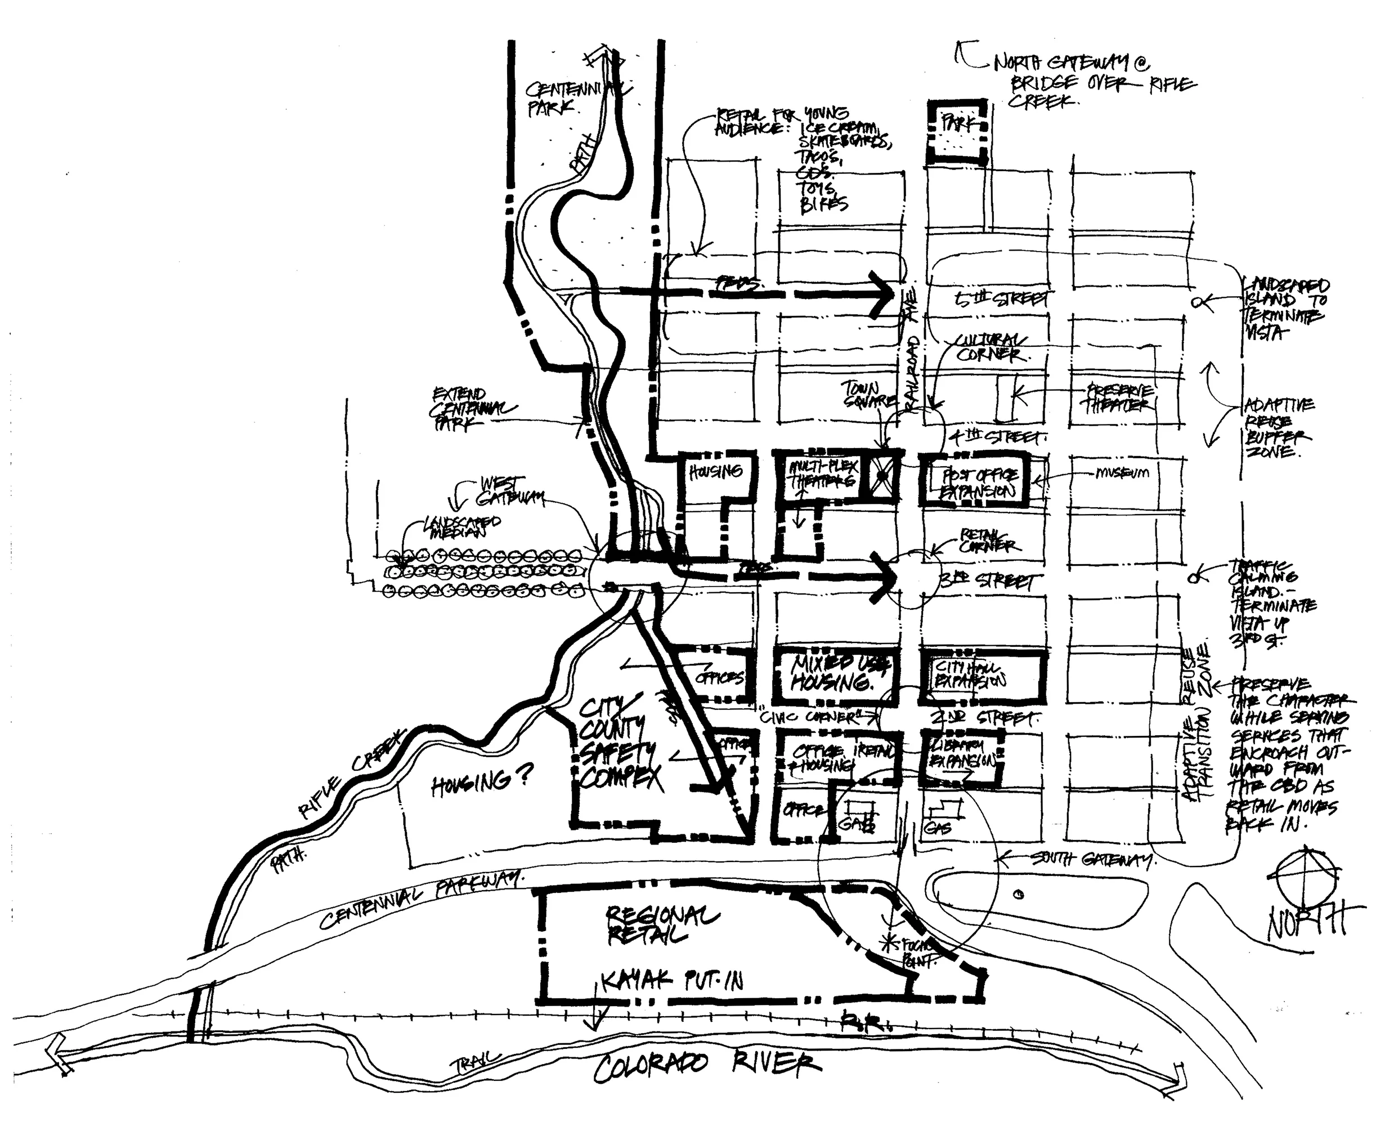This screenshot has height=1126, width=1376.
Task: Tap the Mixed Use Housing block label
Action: pyautogui.click(x=836, y=673)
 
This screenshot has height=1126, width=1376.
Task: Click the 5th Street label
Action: pyautogui.click(x=1002, y=299)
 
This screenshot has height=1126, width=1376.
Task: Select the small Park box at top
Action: pyautogui.click(x=957, y=132)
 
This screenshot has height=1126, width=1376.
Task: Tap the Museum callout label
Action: pyautogui.click(x=1122, y=473)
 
